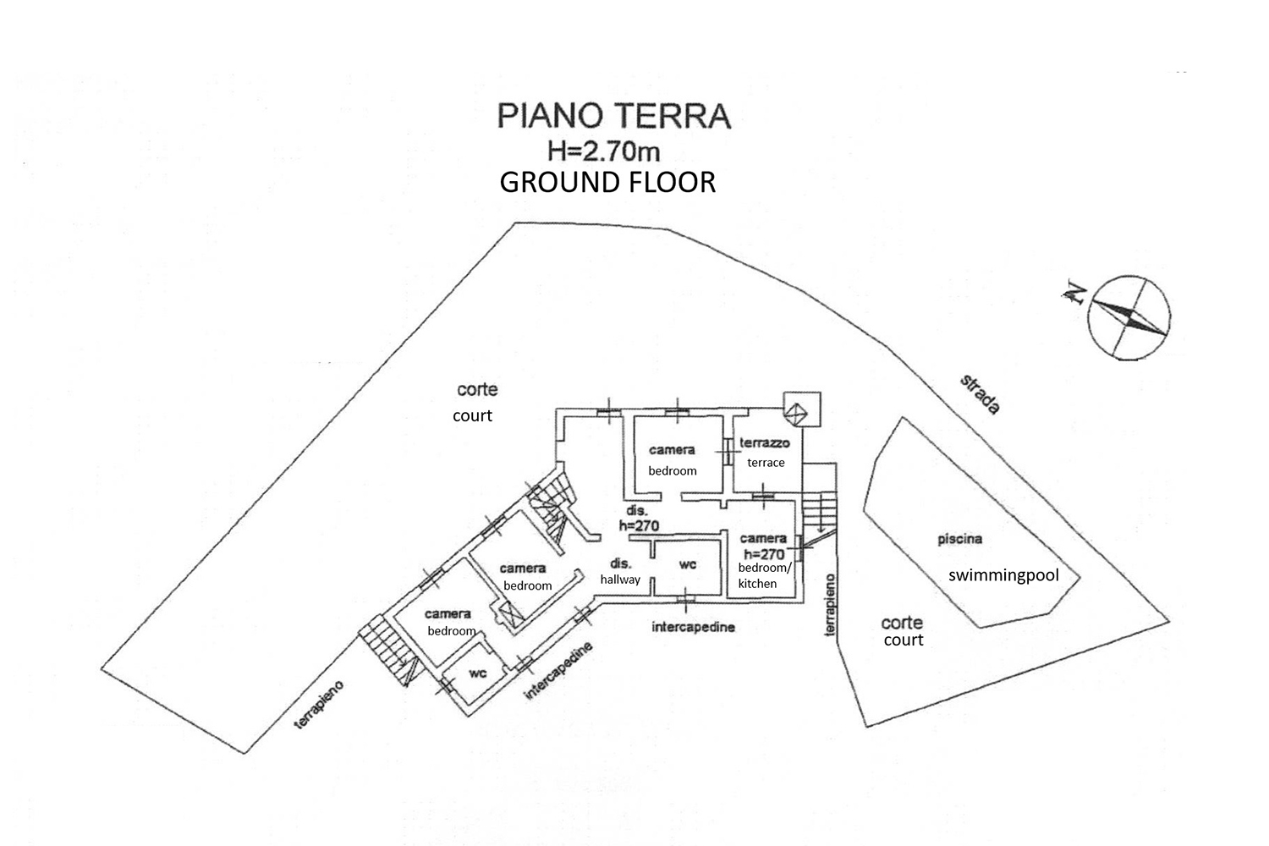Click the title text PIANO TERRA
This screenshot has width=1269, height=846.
(x=614, y=116)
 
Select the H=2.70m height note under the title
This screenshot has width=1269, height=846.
(x=603, y=151)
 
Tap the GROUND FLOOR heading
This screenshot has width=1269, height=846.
(x=607, y=183)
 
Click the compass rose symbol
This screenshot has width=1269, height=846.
(x=1129, y=318)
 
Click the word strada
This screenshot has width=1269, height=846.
(x=980, y=394)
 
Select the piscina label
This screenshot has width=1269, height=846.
(x=959, y=539)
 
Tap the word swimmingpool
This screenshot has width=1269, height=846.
(x=1003, y=576)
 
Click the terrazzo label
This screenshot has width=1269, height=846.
(x=765, y=442)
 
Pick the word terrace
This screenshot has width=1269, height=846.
(x=766, y=463)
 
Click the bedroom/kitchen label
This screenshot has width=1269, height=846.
(x=764, y=575)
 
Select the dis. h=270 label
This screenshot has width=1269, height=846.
(x=639, y=518)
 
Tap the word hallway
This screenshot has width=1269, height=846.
(x=620, y=580)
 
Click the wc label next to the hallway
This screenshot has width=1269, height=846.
(x=688, y=565)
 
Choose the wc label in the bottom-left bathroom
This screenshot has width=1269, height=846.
(x=478, y=673)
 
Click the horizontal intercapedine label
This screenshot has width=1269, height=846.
(x=693, y=627)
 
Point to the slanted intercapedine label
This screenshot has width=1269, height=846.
(x=559, y=671)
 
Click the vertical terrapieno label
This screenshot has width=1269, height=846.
(x=830, y=605)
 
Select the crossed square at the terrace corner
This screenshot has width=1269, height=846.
(x=795, y=413)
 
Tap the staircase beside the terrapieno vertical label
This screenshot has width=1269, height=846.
(x=819, y=514)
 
